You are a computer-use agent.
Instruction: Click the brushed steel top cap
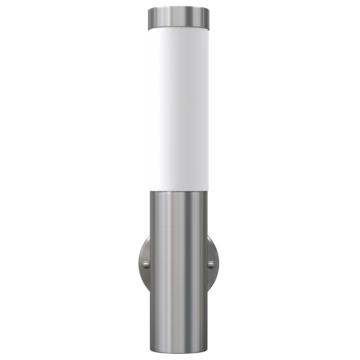[x=178, y=18]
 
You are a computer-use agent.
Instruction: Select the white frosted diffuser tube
[x=178, y=109]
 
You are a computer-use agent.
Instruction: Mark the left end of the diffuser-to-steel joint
[x=150, y=191]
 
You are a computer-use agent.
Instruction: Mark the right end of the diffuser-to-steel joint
[x=207, y=191]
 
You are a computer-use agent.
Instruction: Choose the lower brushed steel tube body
[x=179, y=274]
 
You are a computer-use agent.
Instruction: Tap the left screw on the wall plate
[x=146, y=264]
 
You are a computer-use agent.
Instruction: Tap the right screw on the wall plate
[x=211, y=264]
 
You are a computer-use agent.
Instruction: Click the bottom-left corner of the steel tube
[x=151, y=350]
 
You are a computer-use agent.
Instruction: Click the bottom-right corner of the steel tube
[x=207, y=350]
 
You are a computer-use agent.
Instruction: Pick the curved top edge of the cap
[x=179, y=7]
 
